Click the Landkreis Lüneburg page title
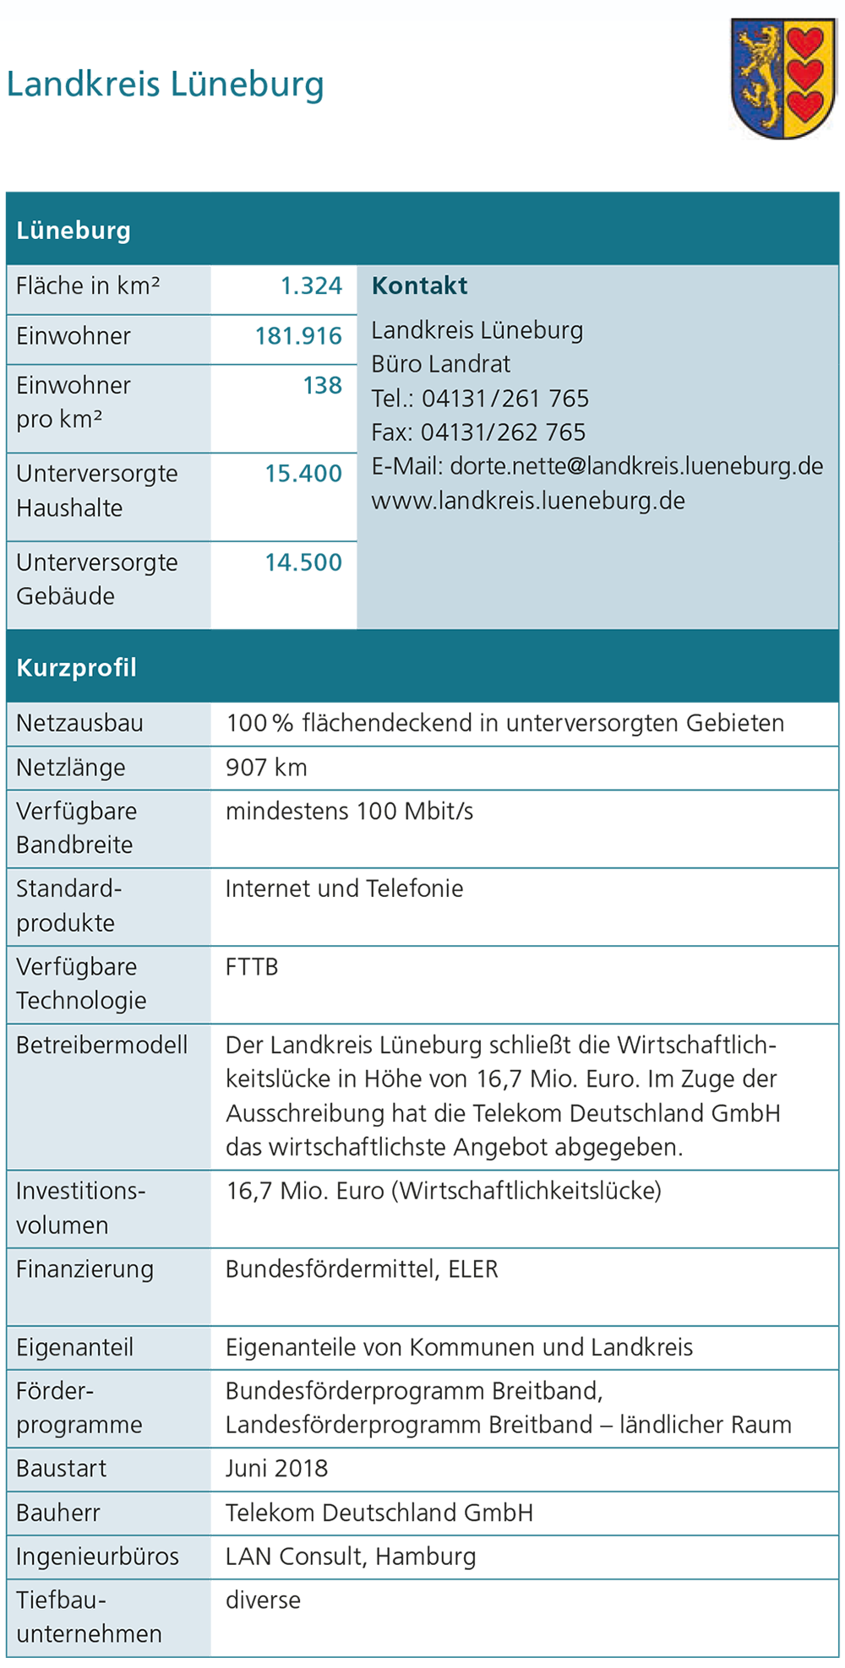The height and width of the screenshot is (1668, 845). [x=165, y=84]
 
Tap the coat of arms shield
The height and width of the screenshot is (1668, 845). [x=783, y=79]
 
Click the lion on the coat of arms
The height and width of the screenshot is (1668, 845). [x=759, y=72]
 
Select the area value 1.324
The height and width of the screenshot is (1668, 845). [x=311, y=286]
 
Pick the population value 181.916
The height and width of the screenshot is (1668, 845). [x=298, y=336]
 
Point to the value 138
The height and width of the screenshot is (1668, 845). [x=322, y=386]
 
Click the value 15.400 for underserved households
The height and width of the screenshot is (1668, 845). [x=303, y=474]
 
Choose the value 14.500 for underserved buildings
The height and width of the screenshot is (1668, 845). [x=303, y=562]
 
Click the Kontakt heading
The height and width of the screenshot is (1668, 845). [x=419, y=286]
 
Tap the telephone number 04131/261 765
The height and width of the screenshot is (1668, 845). [x=505, y=399]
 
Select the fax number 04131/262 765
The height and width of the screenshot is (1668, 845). [x=503, y=432]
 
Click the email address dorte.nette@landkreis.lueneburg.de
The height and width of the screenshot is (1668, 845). [x=636, y=466]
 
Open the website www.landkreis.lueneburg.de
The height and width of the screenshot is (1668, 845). [x=528, y=501]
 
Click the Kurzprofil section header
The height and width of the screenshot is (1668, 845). [x=76, y=668]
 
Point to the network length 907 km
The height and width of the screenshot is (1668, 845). [x=266, y=768]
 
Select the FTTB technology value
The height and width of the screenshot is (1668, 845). [x=252, y=967]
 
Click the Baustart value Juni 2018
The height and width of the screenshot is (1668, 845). [x=276, y=1469]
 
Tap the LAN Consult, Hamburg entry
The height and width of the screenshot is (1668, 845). [x=351, y=1557]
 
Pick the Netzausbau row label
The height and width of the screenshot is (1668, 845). [x=79, y=724]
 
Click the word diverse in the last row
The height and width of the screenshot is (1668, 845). [x=263, y=1600]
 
